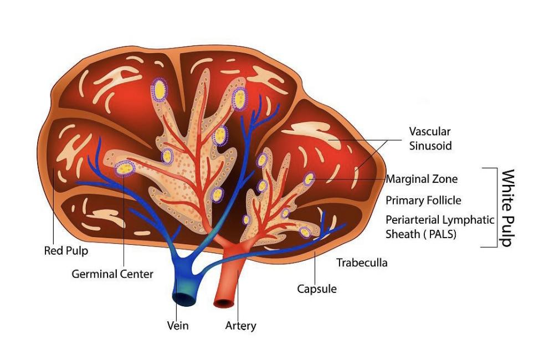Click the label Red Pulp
point(66,251)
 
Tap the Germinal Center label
point(112,274)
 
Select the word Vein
point(178,325)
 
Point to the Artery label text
point(240,325)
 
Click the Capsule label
point(317,289)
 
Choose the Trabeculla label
point(362,263)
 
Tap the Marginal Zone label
point(422,179)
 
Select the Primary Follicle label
point(423,200)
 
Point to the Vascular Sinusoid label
point(430,139)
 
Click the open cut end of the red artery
point(224,303)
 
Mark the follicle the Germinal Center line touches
point(125,167)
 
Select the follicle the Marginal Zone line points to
point(309,179)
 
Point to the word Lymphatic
point(469,219)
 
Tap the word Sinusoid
point(430,146)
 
